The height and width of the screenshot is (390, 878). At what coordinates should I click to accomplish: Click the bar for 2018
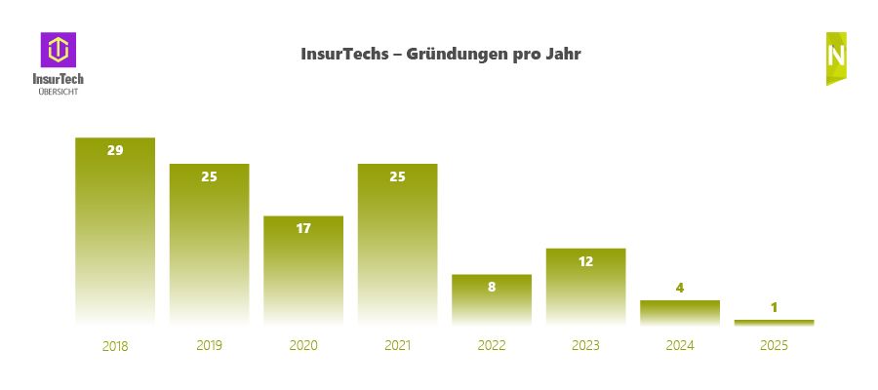[115, 234]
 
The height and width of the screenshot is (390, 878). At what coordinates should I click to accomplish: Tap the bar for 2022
[492, 302]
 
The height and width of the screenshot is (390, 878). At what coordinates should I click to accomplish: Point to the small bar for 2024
[680, 312]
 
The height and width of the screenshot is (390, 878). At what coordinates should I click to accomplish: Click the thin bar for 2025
[774, 322]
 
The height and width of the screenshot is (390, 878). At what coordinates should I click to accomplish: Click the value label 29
[115, 150]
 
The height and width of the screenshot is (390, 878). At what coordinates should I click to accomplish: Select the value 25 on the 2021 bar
[397, 176]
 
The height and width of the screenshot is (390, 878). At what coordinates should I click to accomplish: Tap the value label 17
[303, 228]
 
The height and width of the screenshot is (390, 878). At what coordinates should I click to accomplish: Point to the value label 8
[492, 287]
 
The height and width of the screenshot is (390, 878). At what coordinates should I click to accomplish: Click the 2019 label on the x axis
[210, 345]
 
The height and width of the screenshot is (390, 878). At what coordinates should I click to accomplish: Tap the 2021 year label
[397, 345]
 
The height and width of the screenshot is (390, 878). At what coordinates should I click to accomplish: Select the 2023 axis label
[585, 345]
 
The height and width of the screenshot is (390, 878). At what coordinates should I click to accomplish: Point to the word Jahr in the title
[561, 55]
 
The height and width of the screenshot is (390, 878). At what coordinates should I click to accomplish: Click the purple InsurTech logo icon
[59, 50]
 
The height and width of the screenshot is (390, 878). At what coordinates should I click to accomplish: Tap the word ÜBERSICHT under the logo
[59, 91]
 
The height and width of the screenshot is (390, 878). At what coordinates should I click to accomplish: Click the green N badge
[836, 57]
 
